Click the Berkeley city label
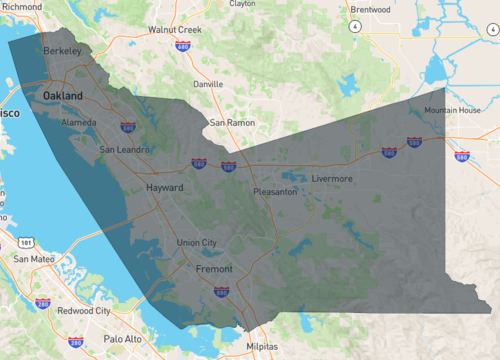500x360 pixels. [62, 49]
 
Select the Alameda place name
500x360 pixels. [79, 122]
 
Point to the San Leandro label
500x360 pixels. [126, 150]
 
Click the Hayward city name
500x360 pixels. [165, 187]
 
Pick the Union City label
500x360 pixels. [196, 243]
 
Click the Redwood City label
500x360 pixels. [83, 311]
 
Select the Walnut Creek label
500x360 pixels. [175, 30]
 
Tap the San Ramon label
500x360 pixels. [232, 123]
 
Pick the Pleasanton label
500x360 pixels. [275, 191]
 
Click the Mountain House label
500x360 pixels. [452, 110]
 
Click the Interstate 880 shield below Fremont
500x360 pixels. [221, 292]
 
